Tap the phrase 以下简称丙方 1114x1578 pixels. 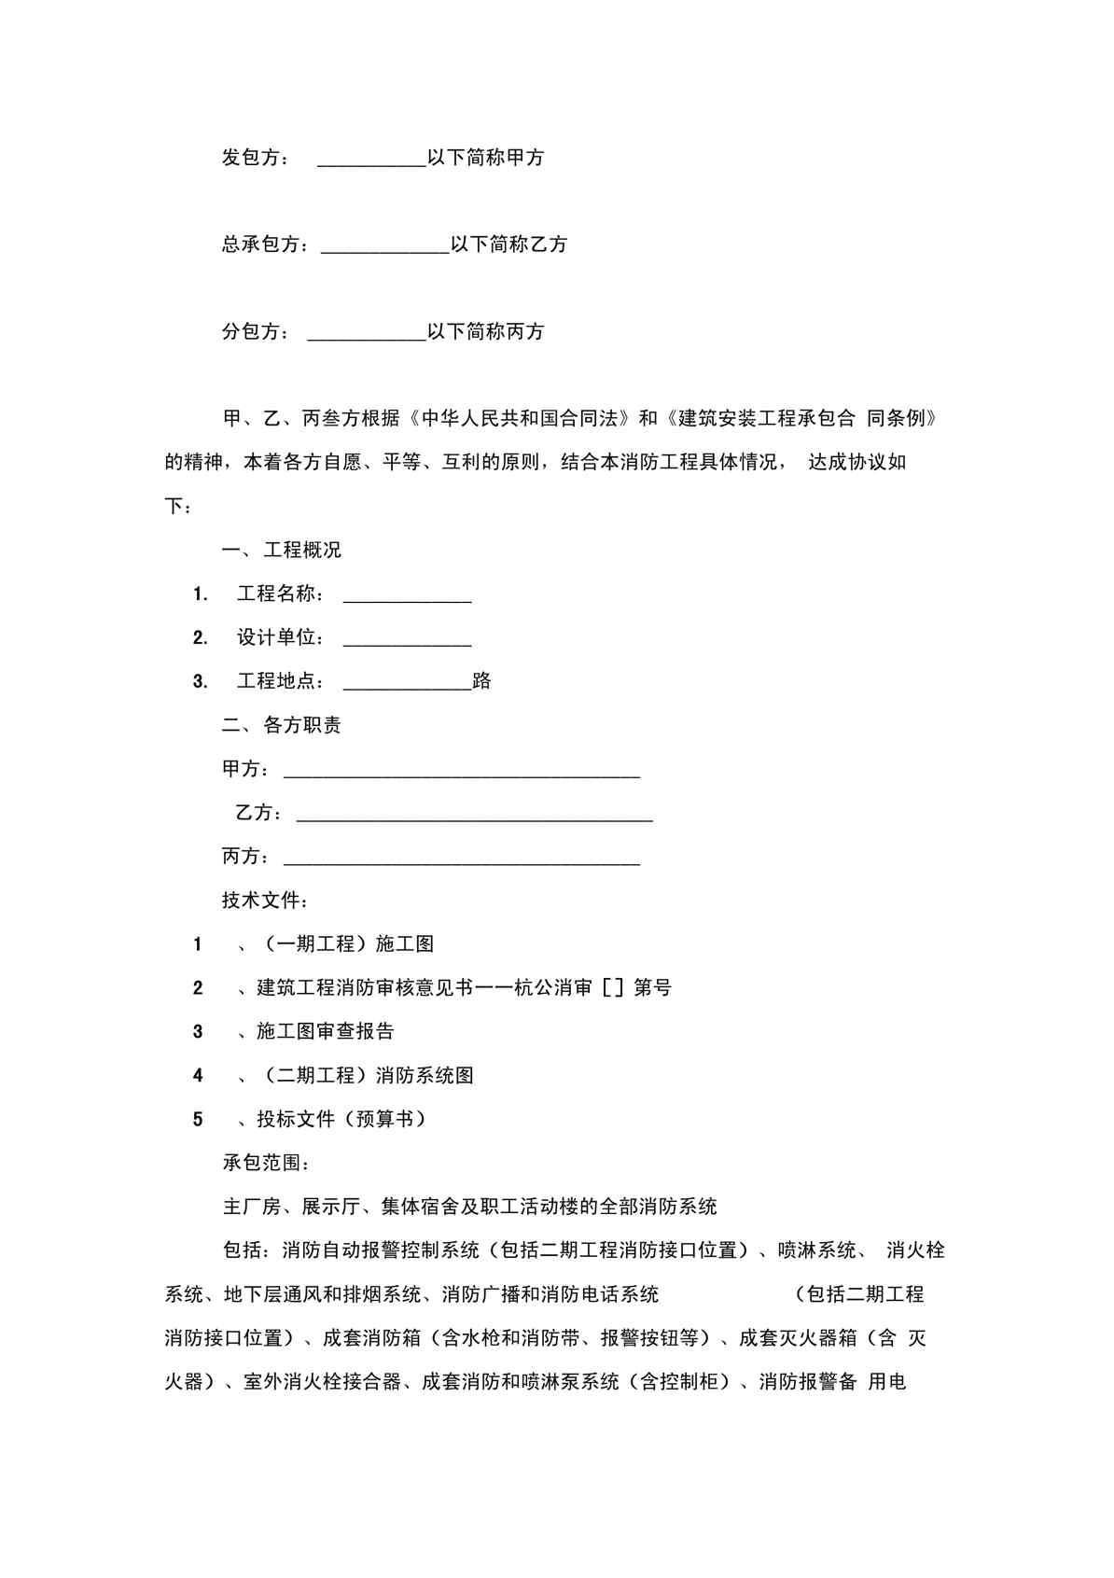coord(486,331)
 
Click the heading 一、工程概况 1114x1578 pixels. coord(282,550)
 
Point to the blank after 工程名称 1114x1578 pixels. coord(407,598)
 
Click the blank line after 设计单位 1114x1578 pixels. coord(407,642)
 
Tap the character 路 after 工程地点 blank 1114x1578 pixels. coord(482,681)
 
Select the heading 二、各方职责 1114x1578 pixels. coord(282,725)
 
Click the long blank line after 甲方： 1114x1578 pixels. coord(462,774)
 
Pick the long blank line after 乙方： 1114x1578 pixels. coord(474,817)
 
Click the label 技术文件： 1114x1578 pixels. coord(265,901)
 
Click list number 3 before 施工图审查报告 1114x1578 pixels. coord(198,1032)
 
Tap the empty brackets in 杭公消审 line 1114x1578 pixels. coord(613,988)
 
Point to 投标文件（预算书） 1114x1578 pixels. coord(341,1120)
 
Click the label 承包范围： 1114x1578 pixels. coord(265,1163)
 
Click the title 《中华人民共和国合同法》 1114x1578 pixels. coord(521,418)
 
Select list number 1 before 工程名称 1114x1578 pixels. coord(200,594)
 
